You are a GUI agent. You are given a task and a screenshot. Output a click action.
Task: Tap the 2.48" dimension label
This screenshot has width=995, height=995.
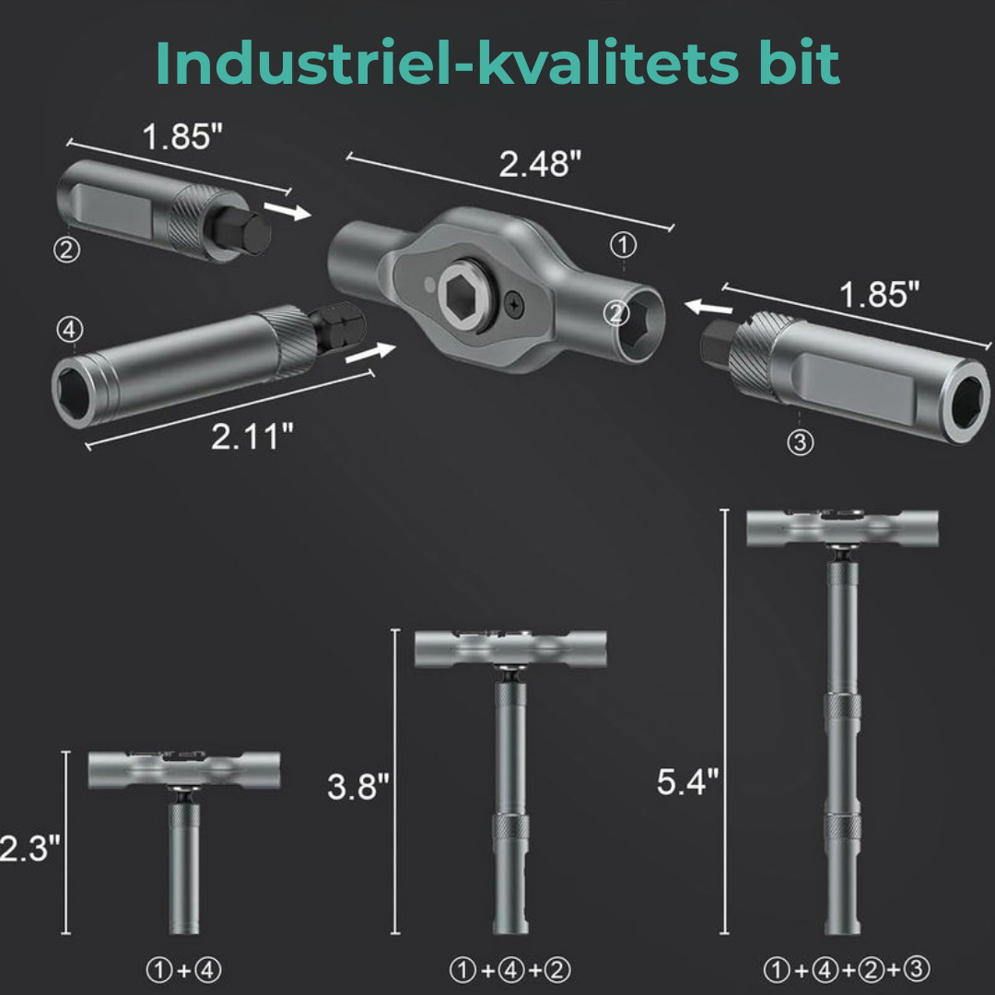tap(540, 164)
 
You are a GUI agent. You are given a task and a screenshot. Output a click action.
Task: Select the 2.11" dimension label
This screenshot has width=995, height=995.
tap(252, 437)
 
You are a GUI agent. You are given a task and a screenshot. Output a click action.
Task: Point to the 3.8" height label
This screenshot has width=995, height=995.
tap(357, 786)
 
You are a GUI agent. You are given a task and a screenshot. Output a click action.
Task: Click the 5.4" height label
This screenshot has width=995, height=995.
tap(688, 782)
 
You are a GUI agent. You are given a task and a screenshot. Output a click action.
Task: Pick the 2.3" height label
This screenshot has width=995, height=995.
tap(29, 848)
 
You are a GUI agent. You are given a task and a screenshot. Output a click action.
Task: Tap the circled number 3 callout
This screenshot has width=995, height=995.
tap(801, 441)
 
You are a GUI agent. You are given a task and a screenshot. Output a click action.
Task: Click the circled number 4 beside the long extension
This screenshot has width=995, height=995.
tap(70, 329)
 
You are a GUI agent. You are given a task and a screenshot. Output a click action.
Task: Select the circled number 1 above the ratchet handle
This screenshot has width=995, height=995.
tap(623, 245)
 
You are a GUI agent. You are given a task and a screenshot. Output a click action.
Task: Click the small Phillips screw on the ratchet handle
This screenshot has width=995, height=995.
tap(514, 306)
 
